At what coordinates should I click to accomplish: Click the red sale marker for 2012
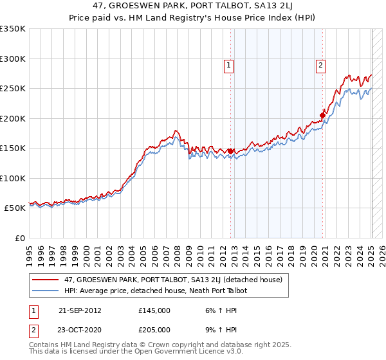point(230,151)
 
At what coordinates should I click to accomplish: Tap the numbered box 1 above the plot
point(228,64)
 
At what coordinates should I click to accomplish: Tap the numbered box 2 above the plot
point(320,64)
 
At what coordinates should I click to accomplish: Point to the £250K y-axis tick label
point(13,89)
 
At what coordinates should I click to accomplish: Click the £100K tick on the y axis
point(13,178)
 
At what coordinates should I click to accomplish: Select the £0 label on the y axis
point(19,238)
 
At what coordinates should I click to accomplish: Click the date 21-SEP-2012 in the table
point(80,310)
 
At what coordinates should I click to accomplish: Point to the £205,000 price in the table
point(154,329)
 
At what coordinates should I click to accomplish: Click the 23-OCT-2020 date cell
point(80,329)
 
